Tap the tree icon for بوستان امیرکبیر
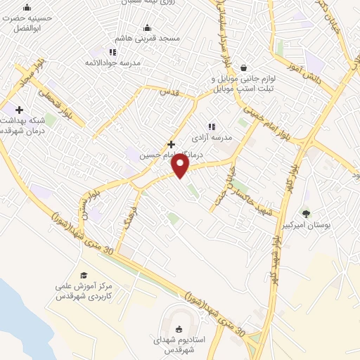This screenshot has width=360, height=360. [305, 214]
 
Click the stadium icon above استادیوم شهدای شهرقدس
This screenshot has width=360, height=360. [178, 328]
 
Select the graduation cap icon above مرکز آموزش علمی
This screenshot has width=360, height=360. [84, 275]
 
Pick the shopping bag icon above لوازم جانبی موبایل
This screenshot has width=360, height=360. [243, 67]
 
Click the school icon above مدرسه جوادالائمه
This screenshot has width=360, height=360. [112, 51]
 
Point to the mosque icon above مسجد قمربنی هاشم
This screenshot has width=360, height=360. [146, 27]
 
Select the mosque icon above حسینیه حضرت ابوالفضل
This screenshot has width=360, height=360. [27, 8]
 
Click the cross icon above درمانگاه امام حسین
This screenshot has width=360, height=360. [171, 144]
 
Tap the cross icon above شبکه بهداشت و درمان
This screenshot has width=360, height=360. [18, 110]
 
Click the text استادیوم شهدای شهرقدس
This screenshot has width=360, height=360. [179, 345]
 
